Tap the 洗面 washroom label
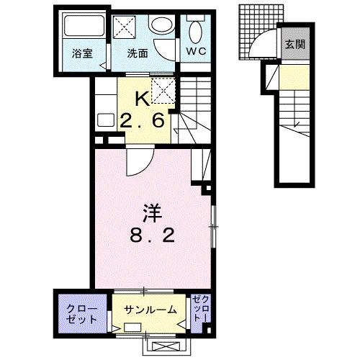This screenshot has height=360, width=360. click(138, 53)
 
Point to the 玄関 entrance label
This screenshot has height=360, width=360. click(294, 45)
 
